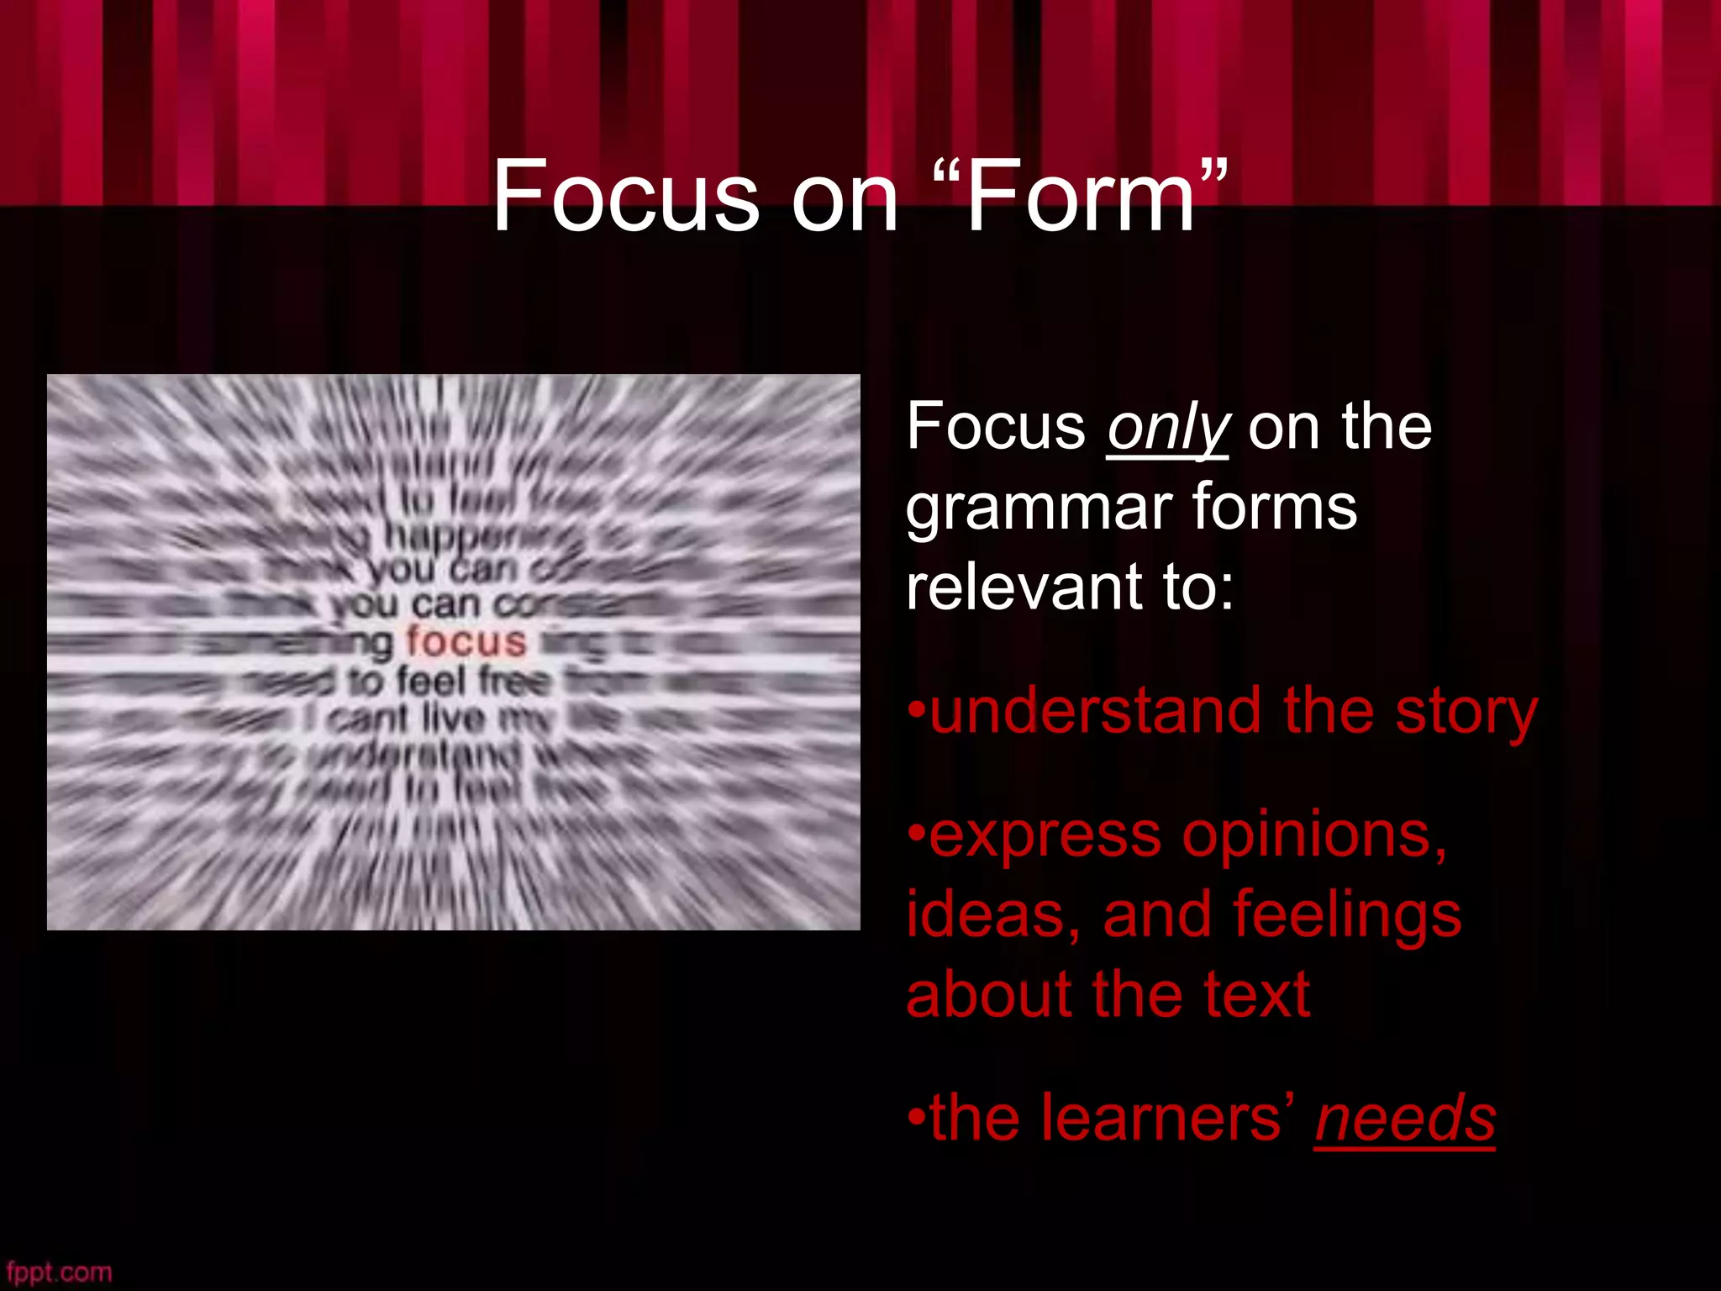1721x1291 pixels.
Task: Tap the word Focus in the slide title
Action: point(625,198)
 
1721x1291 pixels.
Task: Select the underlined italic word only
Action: point(1168,429)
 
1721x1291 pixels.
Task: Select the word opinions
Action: point(1314,837)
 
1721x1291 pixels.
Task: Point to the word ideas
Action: point(992,914)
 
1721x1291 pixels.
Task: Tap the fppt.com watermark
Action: point(59,1272)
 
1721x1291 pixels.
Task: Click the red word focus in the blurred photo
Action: point(466,642)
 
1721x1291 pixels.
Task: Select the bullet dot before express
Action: point(916,837)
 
